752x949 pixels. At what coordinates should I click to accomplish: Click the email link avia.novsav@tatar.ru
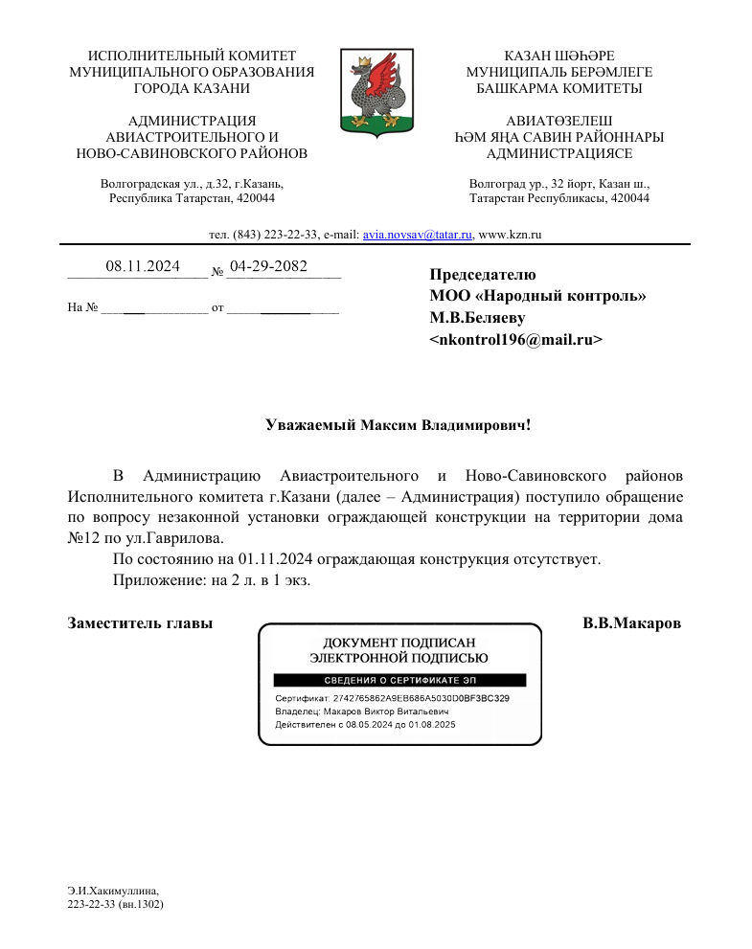418,235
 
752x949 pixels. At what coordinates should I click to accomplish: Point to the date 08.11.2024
143,267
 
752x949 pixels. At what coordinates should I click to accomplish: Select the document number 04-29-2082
268,266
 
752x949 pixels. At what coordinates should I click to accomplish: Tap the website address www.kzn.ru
510,235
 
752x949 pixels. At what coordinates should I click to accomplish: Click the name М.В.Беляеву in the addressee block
477,317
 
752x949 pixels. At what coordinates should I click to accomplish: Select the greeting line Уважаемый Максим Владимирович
398,424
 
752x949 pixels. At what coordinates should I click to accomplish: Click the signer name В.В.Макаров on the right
631,623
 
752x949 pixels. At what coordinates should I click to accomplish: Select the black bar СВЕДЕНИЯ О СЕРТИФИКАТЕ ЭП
400,680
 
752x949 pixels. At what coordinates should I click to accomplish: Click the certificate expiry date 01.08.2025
433,725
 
